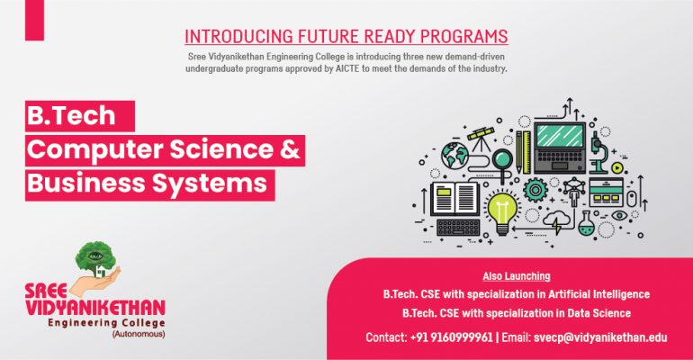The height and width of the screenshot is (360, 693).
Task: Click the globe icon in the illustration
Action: (x=454, y=155)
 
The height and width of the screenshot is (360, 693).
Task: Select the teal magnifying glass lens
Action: (x=501, y=159)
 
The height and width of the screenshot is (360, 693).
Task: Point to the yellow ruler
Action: (x=526, y=152)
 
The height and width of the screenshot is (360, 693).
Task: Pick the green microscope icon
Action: (x=598, y=152)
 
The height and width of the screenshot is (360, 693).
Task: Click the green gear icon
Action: (x=535, y=190)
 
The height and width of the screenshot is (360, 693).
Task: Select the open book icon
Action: (x=454, y=199)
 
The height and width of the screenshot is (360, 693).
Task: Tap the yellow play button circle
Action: (x=617, y=168)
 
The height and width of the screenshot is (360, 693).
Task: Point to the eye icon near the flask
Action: (x=619, y=216)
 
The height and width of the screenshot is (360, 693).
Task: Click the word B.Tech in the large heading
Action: (x=71, y=115)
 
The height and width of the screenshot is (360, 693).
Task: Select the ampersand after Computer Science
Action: (x=290, y=149)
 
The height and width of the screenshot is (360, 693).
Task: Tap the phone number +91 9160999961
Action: (x=451, y=337)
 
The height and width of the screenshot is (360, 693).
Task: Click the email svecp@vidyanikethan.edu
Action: (x=600, y=337)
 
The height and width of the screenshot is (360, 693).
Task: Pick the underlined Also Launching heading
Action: (x=517, y=276)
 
